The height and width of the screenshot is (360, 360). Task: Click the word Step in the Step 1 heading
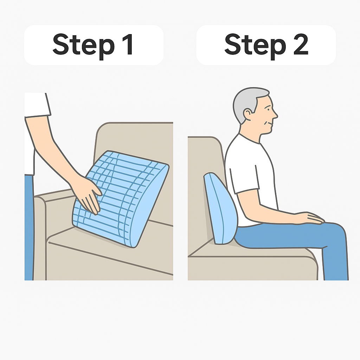point(83,46)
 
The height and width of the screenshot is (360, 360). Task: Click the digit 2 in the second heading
point(301,44)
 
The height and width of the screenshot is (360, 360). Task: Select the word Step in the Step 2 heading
point(255,46)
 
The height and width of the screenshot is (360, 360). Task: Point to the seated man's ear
point(248,114)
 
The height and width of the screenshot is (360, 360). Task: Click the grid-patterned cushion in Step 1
point(121,199)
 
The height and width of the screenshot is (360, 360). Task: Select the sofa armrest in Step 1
point(40,237)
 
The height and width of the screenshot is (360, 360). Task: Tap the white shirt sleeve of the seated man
point(245,178)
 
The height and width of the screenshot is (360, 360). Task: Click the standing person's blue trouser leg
point(29,227)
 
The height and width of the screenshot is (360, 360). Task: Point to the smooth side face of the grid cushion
point(149,207)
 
